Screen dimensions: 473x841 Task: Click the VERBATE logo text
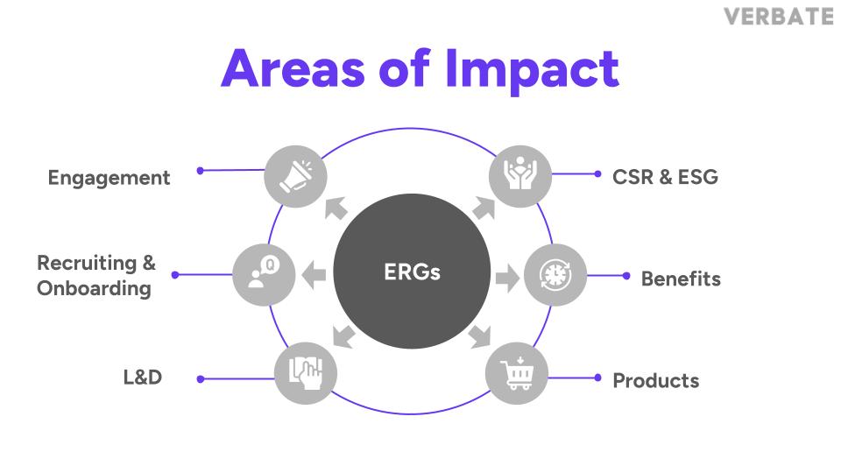pyautogui.click(x=779, y=17)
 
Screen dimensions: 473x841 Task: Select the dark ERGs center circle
pyautogui.click(x=412, y=272)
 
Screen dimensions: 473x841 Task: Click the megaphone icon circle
pyautogui.click(x=295, y=176)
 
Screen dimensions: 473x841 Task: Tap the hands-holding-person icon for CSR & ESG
pyautogui.click(x=520, y=176)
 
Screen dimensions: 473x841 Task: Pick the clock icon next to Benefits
pyautogui.click(x=555, y=276)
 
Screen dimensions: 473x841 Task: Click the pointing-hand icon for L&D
pyautogui.click(x=306, y=373)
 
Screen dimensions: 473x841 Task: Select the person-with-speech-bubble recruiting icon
pyautogui.click(x=263, y=273)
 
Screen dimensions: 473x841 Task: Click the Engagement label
pyautogui.click(x=109, y=178)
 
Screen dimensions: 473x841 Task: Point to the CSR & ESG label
pyautogui.click(x=665, y=177)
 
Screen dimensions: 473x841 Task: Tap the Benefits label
pyautogui.click(x=681, y=279)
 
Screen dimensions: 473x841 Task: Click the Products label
pyautogui.click(x=655, y=381)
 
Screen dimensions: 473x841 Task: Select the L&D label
pyautogui.click(x=142, y=378)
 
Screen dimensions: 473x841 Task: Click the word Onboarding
pyautogui.click(x=94, y=288)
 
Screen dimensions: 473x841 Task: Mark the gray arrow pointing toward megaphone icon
pyautogui.click(x=336, y=208)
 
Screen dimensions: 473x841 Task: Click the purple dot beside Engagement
pyautogui.click(x=201, y=171)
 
